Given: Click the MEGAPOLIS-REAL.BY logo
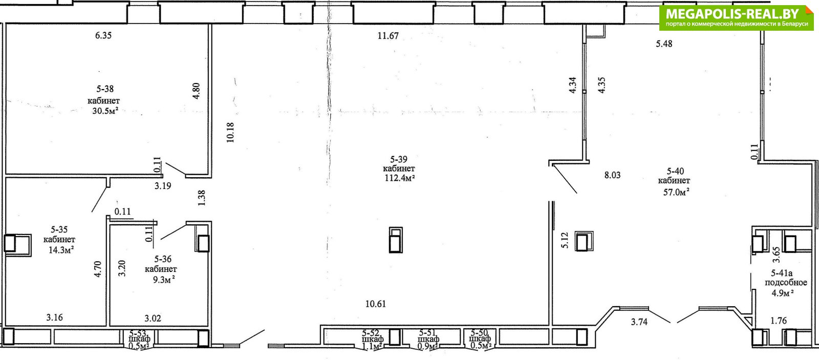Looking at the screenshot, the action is [737, 17].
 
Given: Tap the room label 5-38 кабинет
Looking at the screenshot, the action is [104, 95].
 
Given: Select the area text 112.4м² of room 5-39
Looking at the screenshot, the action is [400, 178].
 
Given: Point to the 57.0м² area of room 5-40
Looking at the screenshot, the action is [676, 192].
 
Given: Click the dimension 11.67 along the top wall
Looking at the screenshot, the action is [388, 36].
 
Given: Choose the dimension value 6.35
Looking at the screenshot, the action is [103, 35].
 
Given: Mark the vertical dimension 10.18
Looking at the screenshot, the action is [230, 132].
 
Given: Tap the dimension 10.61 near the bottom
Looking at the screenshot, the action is [376, 304].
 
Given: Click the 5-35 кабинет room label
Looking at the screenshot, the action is [59, 235].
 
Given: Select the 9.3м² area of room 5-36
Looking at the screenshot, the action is [163, 280].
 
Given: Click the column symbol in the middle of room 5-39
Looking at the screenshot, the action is [396, 240].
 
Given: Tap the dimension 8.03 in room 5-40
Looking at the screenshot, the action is [612, 175].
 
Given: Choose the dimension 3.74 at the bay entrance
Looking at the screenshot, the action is [639, 322].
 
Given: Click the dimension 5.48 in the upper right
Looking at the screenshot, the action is [664, 44].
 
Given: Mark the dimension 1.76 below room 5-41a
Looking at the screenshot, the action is [779, 321].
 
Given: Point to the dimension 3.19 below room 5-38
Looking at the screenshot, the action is [163, 186].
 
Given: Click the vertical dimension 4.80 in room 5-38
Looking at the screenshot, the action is [197, 91].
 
